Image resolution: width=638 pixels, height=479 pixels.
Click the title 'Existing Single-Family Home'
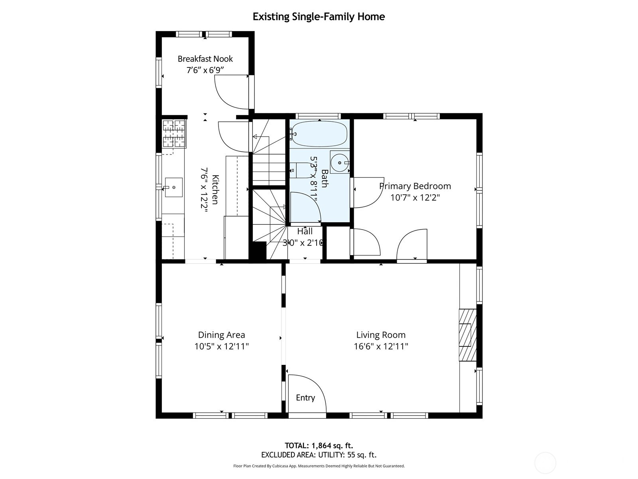(319, 17)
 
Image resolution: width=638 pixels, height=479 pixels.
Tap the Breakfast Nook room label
(205, 59)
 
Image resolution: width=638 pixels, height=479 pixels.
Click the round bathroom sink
(340, 162)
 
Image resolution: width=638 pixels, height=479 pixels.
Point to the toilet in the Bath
(296, 170)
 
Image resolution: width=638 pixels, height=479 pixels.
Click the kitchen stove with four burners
(174, 134)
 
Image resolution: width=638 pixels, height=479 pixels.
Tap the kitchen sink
(174, 187)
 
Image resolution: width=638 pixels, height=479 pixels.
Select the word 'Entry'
(305, 398)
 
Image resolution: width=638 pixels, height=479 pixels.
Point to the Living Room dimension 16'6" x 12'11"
(381, 346)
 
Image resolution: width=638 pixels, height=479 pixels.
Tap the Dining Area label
(221, 335)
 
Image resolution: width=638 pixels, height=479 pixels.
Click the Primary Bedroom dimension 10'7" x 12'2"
(415, 198)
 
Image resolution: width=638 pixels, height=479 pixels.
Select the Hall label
(305, 232)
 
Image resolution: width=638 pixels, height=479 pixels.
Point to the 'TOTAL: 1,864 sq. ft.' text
(319, 445)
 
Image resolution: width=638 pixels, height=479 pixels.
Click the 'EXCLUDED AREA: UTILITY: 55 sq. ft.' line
(319, 455)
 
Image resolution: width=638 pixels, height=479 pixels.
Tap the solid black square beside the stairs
(258, 251)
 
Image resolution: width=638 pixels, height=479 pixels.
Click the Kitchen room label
(215, 190)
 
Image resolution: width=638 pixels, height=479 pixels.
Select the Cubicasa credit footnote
(319, 466)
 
